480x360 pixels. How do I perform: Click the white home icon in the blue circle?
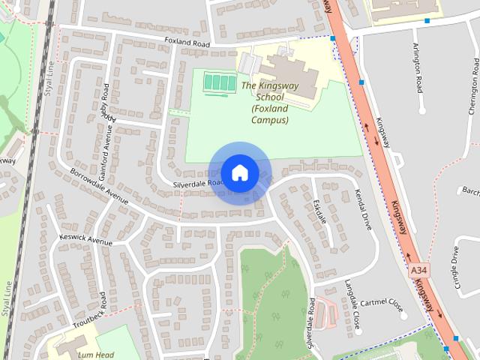pyautogui.click(x=239, y=172)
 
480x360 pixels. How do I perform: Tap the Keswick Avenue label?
pyautogui.click(x=85, y=240)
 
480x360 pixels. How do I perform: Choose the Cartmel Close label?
pyautogui.click(x=382, y=304)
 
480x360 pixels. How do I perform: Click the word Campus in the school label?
pyautogui.click(x=270, y=120)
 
